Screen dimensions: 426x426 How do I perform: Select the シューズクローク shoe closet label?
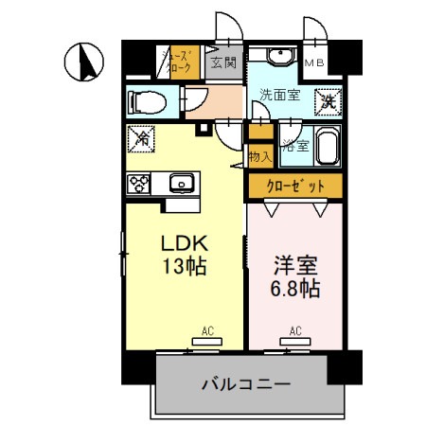point(181,62)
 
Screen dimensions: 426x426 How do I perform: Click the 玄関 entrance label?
point(224,62)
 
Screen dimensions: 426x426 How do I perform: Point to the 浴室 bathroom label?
point(294,146)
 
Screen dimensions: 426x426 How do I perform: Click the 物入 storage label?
point(258,155)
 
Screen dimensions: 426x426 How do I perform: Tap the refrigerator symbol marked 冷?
point(142,138)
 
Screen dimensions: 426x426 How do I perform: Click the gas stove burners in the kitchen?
point(141,183)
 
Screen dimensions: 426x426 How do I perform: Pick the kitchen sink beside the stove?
point(181,183)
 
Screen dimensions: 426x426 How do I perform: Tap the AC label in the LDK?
point(206,331)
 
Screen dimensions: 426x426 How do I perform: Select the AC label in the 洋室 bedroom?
point(294,331)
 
